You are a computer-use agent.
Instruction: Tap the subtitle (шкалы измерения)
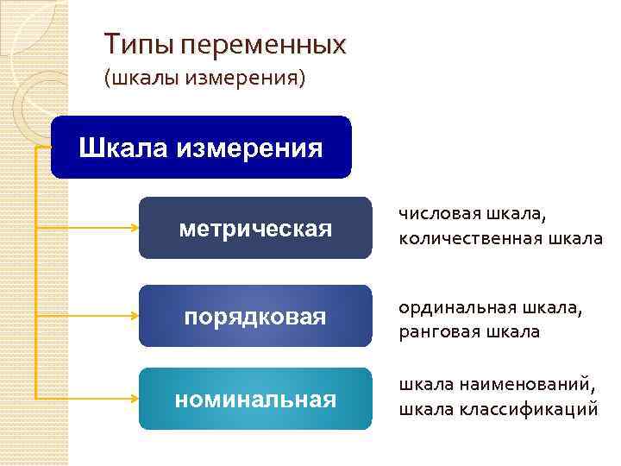(204, 79)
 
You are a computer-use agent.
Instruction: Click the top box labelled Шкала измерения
(201, 148)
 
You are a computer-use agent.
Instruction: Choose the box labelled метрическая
(255, 229)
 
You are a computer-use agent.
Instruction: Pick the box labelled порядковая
(255, 317)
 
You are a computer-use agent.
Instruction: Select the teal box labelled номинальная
(255, 400)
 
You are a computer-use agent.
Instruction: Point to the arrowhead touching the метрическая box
(135, 229)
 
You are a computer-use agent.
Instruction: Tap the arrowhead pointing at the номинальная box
(135, 399)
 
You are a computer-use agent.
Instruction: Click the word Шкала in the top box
(124, 148)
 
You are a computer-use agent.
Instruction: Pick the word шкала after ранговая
(513, 332)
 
